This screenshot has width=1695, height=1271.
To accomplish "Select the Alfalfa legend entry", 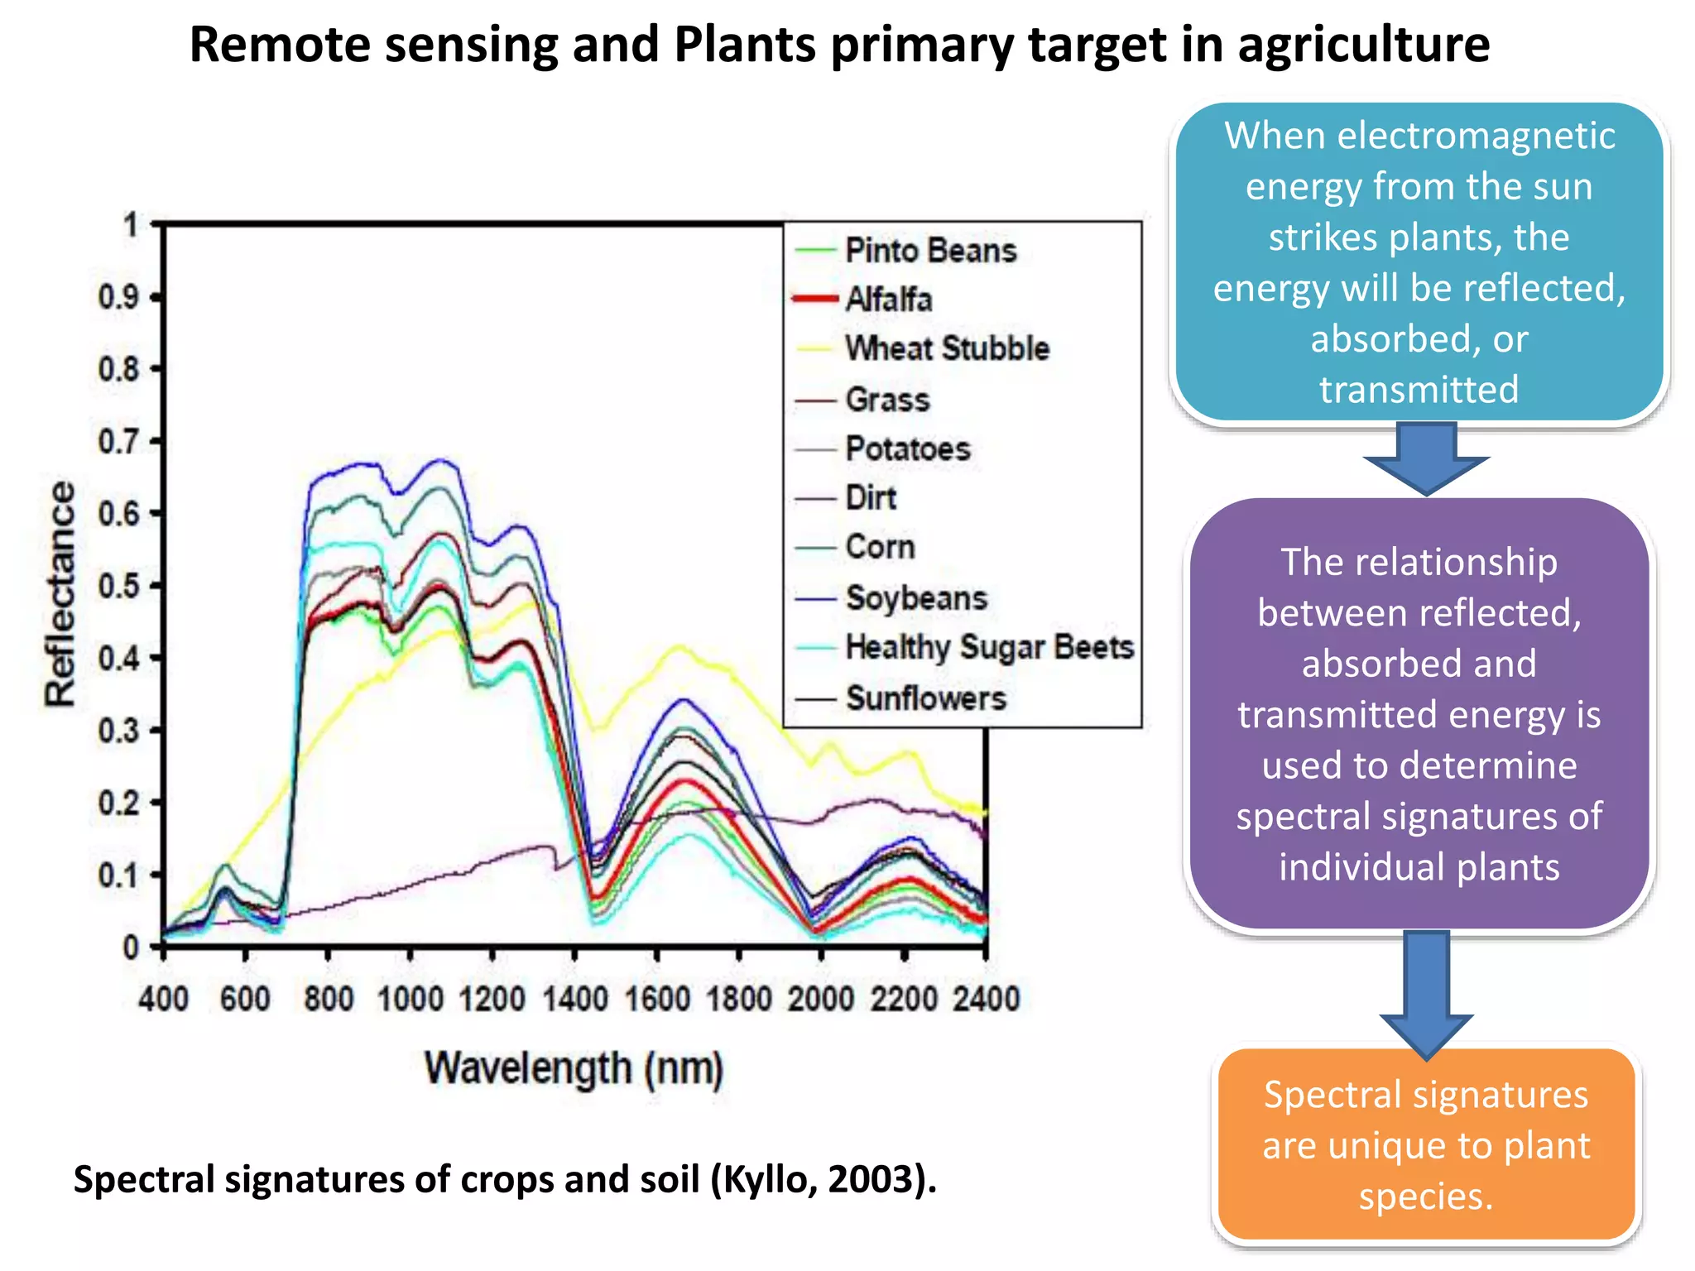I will [x=888, y=300].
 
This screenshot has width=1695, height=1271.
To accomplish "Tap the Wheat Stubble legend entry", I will [x=947, y=348].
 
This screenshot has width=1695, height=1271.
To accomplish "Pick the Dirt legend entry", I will [x=870, y=498].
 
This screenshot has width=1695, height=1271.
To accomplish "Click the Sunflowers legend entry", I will [x=925, y=698].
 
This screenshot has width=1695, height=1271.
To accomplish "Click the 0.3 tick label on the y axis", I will [x=118, y=731].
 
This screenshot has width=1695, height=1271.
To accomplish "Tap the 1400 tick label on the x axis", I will [x=574, y=999].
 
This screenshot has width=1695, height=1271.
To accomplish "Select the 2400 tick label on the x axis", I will [x=985, y=999].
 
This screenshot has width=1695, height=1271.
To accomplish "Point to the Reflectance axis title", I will [x=60, y=593].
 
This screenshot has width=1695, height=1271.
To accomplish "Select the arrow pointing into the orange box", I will [x=1426, y=993].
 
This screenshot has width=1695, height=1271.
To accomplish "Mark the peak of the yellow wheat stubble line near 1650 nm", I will [x=678, y=646].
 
